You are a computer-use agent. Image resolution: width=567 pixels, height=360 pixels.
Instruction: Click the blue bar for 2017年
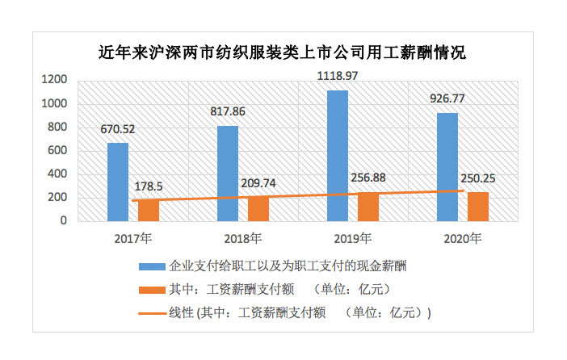pyautogui.click(x=118, y=182)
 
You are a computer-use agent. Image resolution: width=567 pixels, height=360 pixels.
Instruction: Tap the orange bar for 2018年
pyautogui.click(x=258, y=208)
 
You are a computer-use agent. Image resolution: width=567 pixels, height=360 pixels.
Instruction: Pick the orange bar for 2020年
pyautogui.click(x=478, y=206)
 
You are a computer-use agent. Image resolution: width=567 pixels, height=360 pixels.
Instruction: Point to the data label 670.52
pyautogui.click(x=118, y=129)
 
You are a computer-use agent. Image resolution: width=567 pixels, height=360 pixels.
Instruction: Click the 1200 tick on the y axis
pyautogui.click(x=55, y=80)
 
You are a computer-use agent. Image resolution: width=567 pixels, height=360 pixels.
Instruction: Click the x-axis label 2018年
pyautogui.click(x=241, y=238)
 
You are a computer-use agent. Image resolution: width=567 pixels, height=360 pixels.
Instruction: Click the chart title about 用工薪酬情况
pyautogui.click(x=282, y=54)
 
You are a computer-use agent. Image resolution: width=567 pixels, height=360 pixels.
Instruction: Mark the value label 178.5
pyautogui.click(x=148, y=186)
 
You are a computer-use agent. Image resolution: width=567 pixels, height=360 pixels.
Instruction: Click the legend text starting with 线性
pyautogui.click(x=300, y=312)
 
